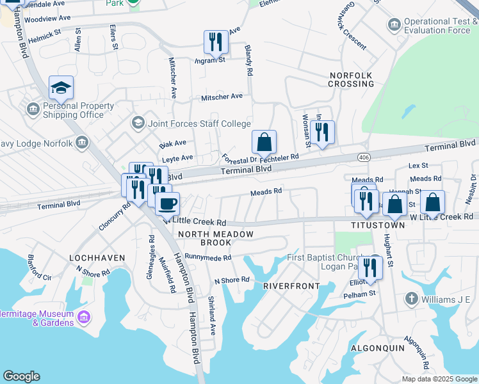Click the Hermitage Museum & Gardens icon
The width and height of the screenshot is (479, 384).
point(83,317)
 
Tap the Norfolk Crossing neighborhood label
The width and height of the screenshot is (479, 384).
point(351,79)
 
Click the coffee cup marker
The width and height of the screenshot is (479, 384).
point(168,204)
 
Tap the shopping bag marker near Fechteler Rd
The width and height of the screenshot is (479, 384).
point(264,143)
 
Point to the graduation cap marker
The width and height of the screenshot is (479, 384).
point(61,88)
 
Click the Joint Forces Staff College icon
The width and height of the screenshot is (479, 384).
point(138,122)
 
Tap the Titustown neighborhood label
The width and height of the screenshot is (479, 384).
point(378,226)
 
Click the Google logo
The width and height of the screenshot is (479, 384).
point(21,376)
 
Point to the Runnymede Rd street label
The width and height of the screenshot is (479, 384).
point(207,257)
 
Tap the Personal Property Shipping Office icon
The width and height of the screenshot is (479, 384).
point(33,110)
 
